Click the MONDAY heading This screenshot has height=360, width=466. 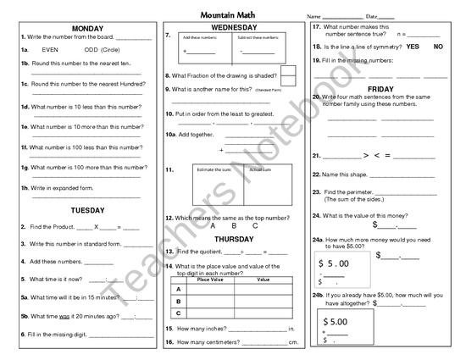pos(87,29)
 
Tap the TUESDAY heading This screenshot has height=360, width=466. pos(87,208)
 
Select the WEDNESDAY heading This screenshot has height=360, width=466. pos(234,28)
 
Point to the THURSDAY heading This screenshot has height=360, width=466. pos(234,240)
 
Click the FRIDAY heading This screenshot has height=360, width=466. pos(380,89)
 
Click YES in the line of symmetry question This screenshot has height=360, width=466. pos(413,46)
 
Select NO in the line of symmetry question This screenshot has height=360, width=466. pos(438,46)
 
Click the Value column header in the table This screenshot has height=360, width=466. pos(263,279)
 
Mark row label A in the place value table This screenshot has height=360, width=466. pos(179,289)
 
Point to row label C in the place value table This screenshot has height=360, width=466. pos(179,313)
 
